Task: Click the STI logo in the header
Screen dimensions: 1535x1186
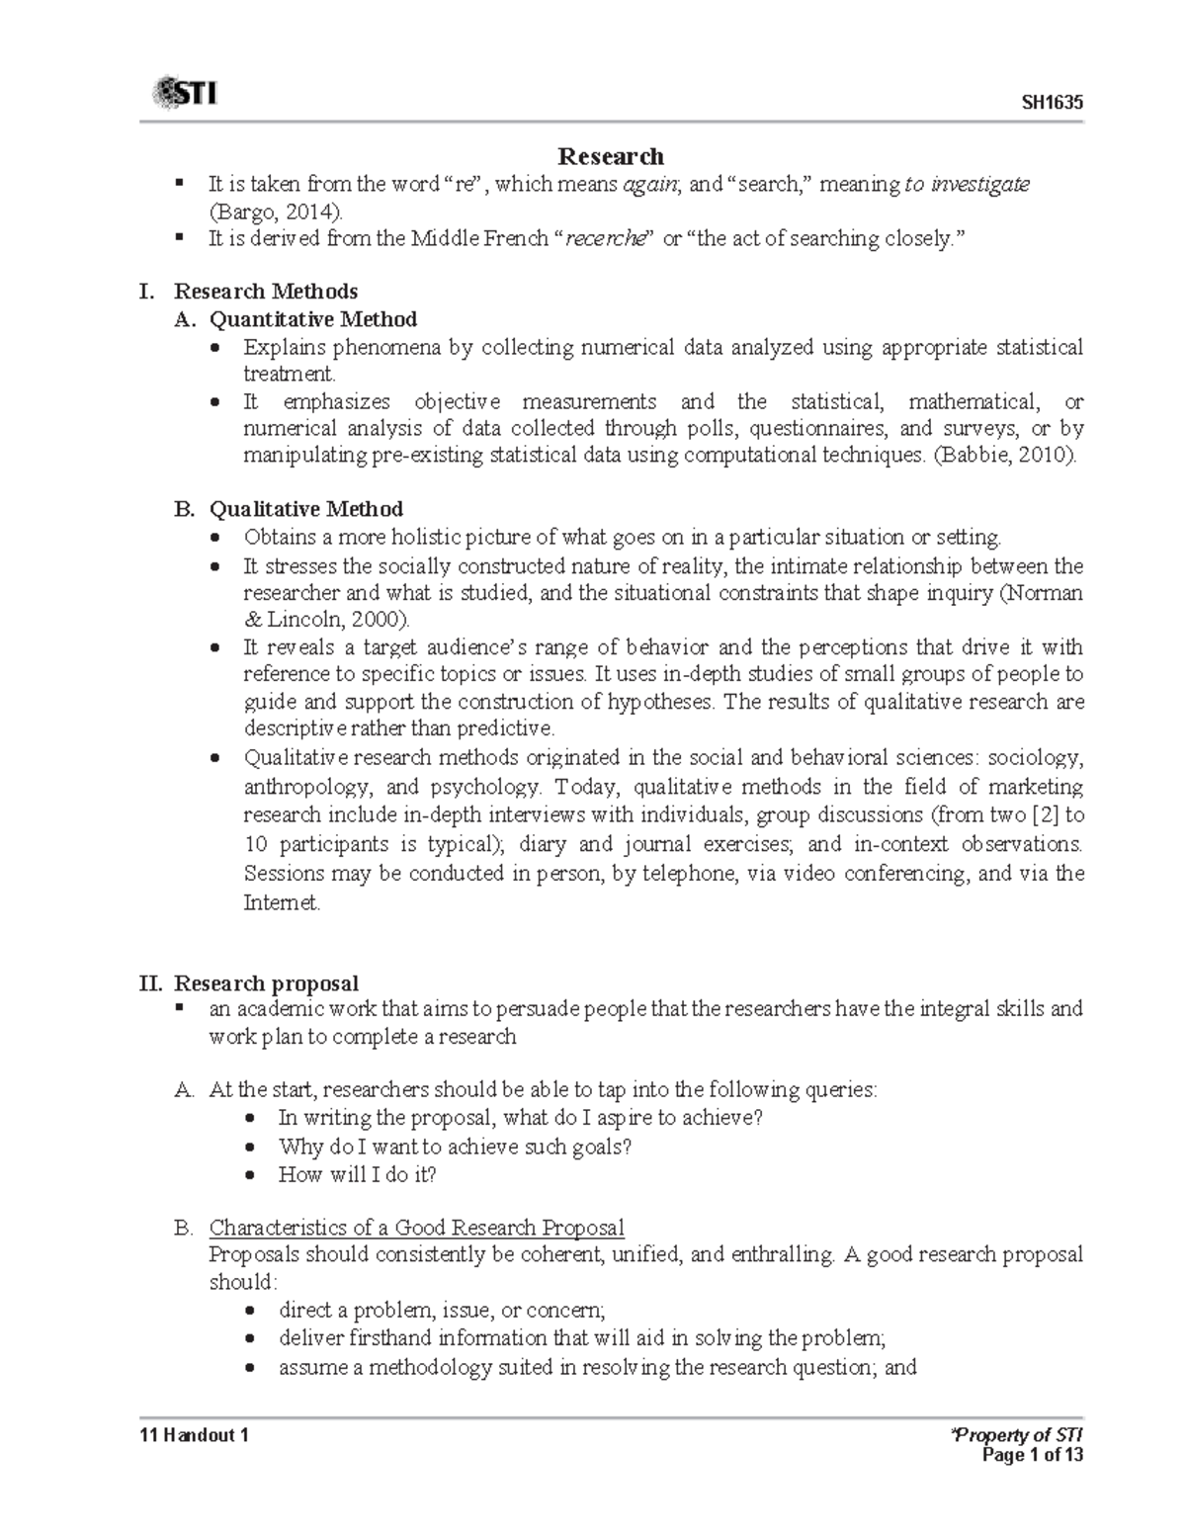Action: pos(184,95)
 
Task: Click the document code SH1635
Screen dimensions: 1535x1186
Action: pos(1052,103)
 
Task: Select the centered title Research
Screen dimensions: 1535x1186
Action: pos(611,156)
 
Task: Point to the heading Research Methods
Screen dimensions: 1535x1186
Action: pos(265,291)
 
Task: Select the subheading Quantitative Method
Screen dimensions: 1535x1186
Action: pos(312,319)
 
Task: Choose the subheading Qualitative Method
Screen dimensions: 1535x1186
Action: pos(305,509)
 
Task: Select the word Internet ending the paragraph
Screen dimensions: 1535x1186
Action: pos(280,902)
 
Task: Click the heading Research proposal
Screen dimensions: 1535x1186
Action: pos(265,983)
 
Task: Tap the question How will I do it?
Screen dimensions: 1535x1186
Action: pos(357,1175)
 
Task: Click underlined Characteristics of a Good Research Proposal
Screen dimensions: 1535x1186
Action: pos(416,1228)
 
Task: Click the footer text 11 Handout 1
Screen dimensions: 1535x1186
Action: pos(194,1436)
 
